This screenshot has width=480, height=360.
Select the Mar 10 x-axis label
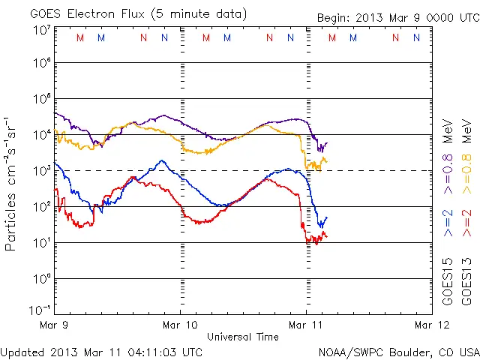click(x=181, y=325)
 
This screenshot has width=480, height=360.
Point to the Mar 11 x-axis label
click(x=306, y=325)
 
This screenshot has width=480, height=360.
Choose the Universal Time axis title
click(x=243, y=337)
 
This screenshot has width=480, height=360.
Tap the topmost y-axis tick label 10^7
click(x=41, y=31)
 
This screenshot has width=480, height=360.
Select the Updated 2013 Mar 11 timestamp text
click(x=101, y=351)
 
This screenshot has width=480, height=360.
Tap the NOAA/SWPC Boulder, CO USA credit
click(x=398, y=351)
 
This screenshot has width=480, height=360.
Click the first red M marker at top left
click(x=80, y=37)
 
